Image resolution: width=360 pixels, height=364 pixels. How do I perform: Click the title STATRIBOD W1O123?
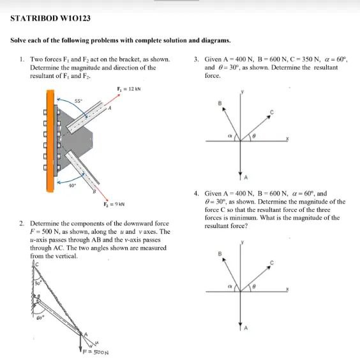coord(50,18)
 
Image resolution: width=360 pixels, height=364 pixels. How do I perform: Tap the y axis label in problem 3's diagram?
coord(242,93)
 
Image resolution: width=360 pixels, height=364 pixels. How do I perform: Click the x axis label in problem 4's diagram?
coord(287,287)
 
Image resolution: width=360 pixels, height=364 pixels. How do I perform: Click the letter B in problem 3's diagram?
coord(220,102)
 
